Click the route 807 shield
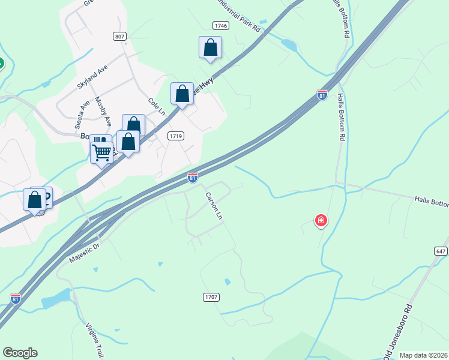pos(119,37)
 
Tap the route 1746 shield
pos(221,25)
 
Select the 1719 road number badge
pos(175,136)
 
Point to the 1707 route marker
pos(211,297)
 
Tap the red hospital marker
pos(321,221)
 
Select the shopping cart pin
pos(101,153)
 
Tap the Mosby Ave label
pos(103,112)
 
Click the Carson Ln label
pos(214,205)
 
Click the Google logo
pos(20,353)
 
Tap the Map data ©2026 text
pos(423,355)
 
